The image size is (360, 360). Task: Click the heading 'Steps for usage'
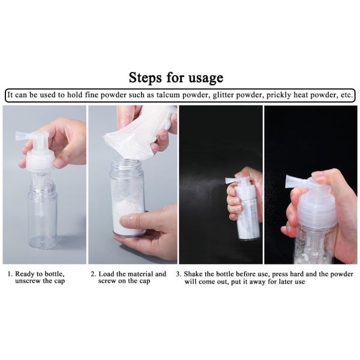(x=176, y=77)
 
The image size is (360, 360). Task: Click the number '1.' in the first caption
(x=10, y=274)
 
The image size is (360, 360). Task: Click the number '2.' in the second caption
(x=94, y=274)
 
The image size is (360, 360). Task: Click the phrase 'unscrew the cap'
(x=40, y=281)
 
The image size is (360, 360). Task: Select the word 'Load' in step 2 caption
(x=109, y=274)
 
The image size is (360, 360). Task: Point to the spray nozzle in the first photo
(x=24, y=136)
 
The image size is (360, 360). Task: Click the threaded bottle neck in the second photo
(x=128, y=166)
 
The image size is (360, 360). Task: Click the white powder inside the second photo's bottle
(x=125, y=213)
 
